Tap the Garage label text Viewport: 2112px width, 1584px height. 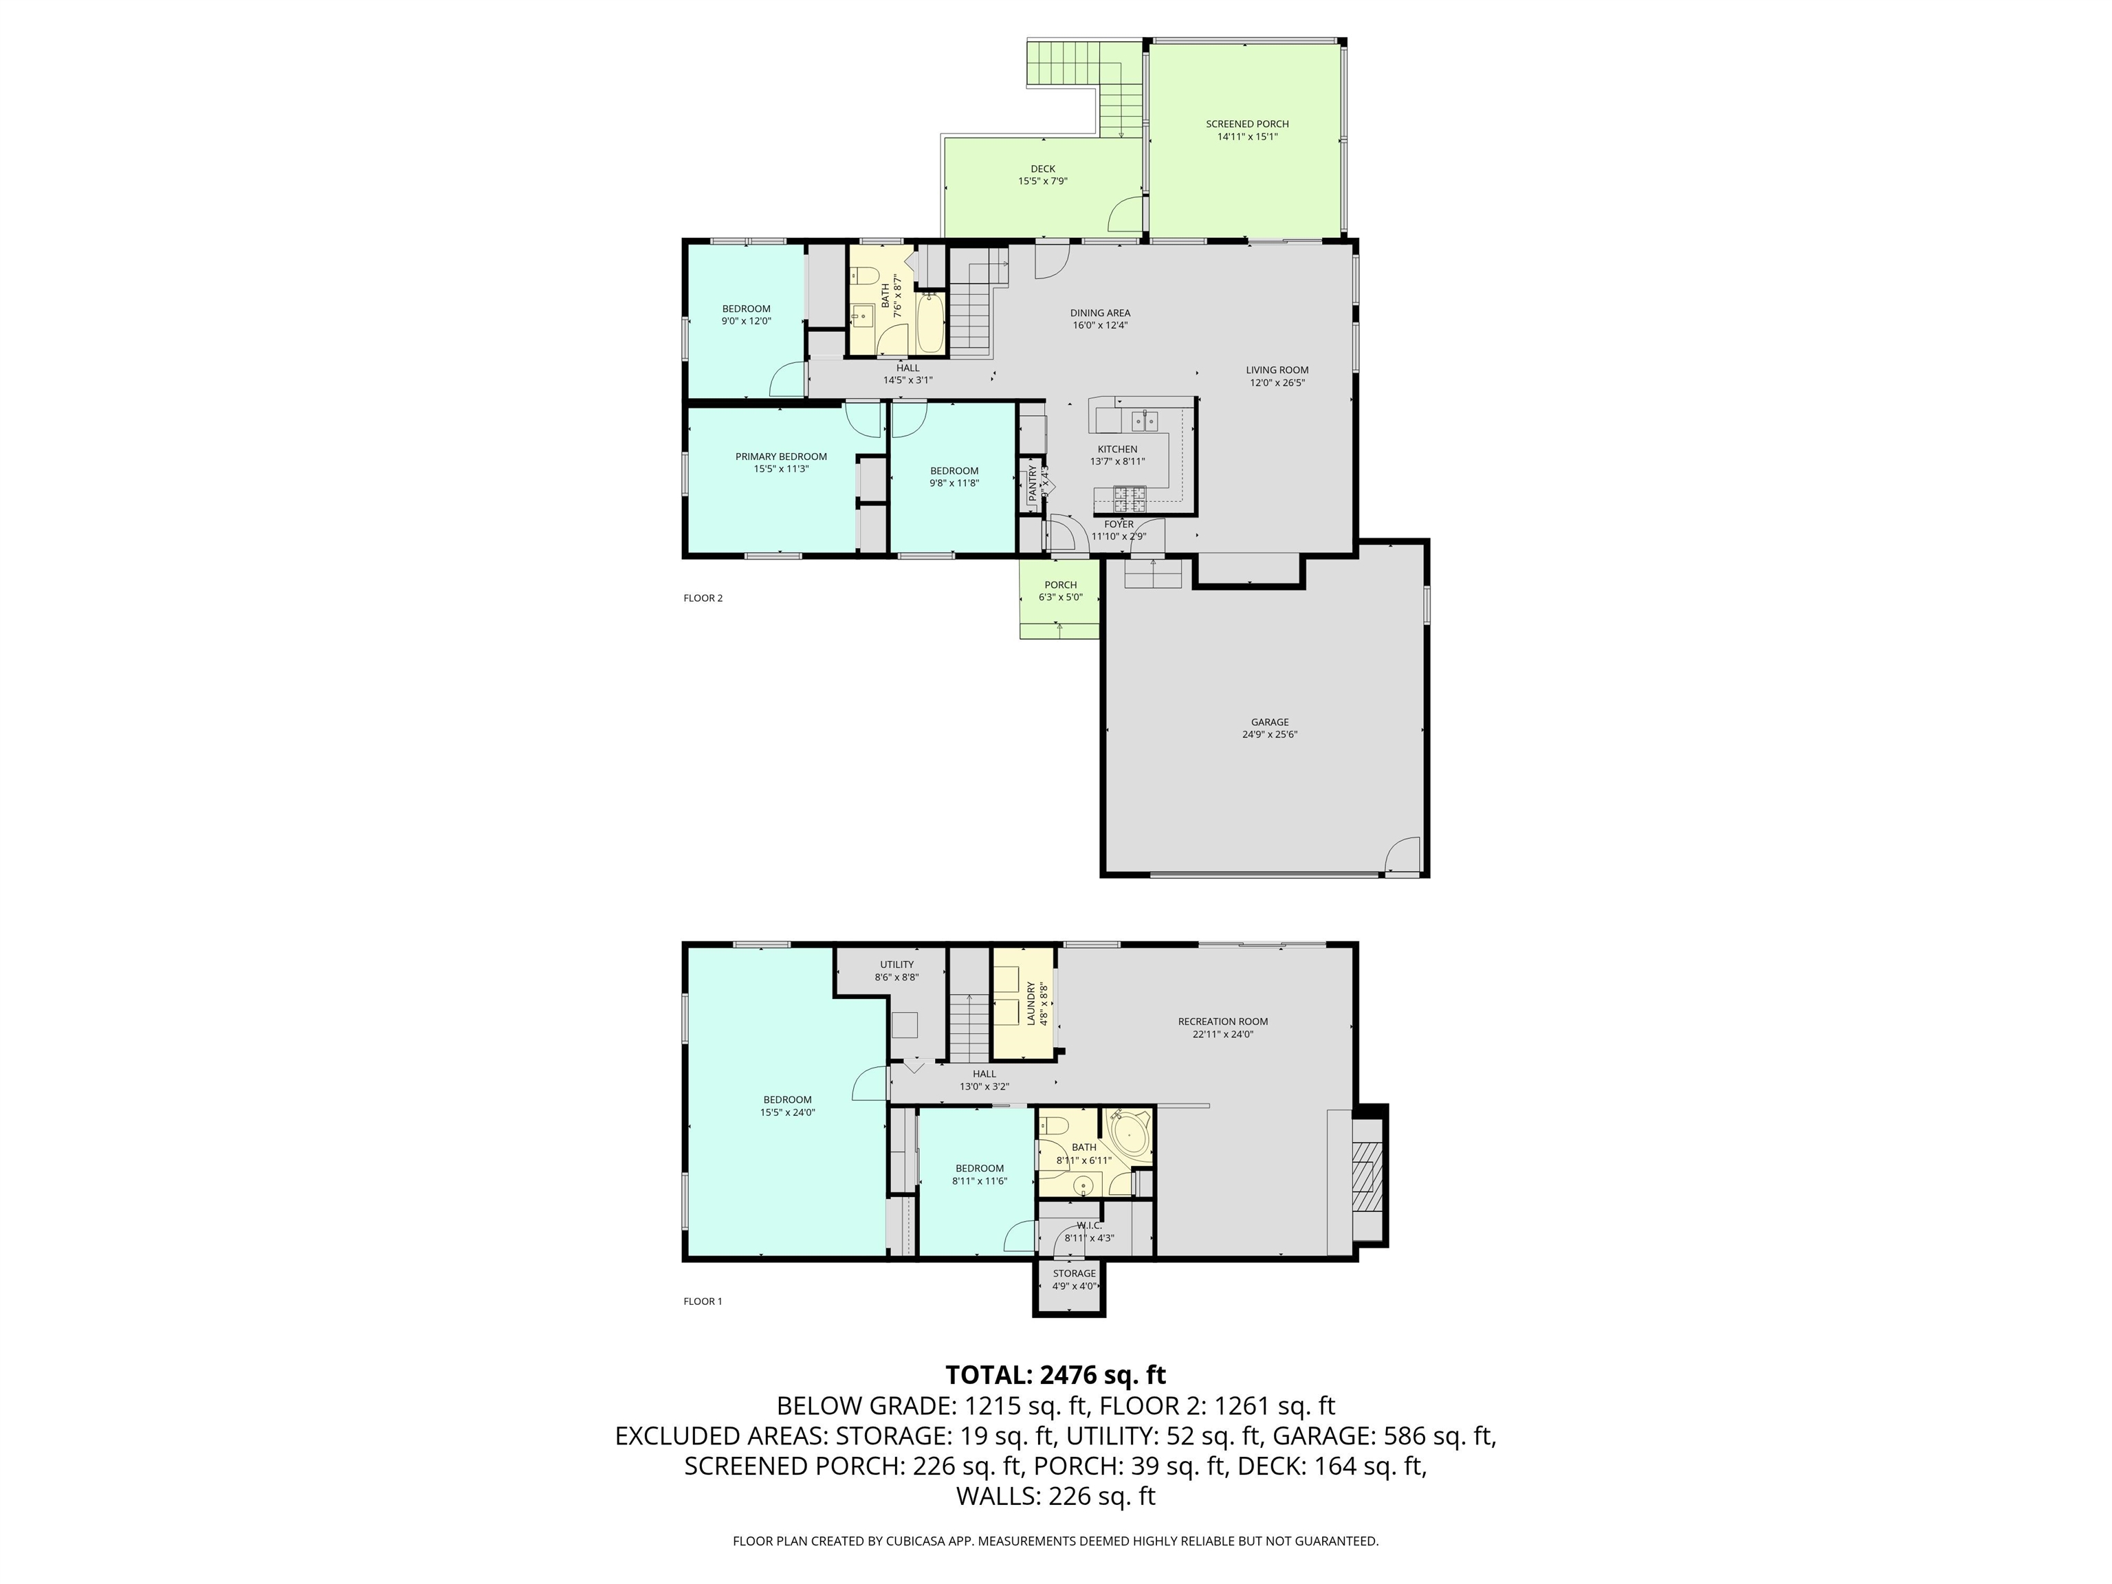(x=1269, y=723)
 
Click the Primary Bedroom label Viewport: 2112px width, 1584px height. (x=780, y=457)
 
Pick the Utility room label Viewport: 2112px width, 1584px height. (x=896, y=965)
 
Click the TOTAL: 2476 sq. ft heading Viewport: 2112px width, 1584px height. (x=1055, y=1375)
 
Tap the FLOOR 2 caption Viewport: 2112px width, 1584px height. (x=703, y=599)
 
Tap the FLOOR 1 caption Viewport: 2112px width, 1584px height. (x=703, y=1301)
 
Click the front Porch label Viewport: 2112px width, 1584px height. (x=1060, y=585)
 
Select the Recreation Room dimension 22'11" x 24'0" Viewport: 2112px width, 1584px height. (x=1222, y=1034)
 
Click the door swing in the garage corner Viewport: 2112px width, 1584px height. (x=1402, y=854)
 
